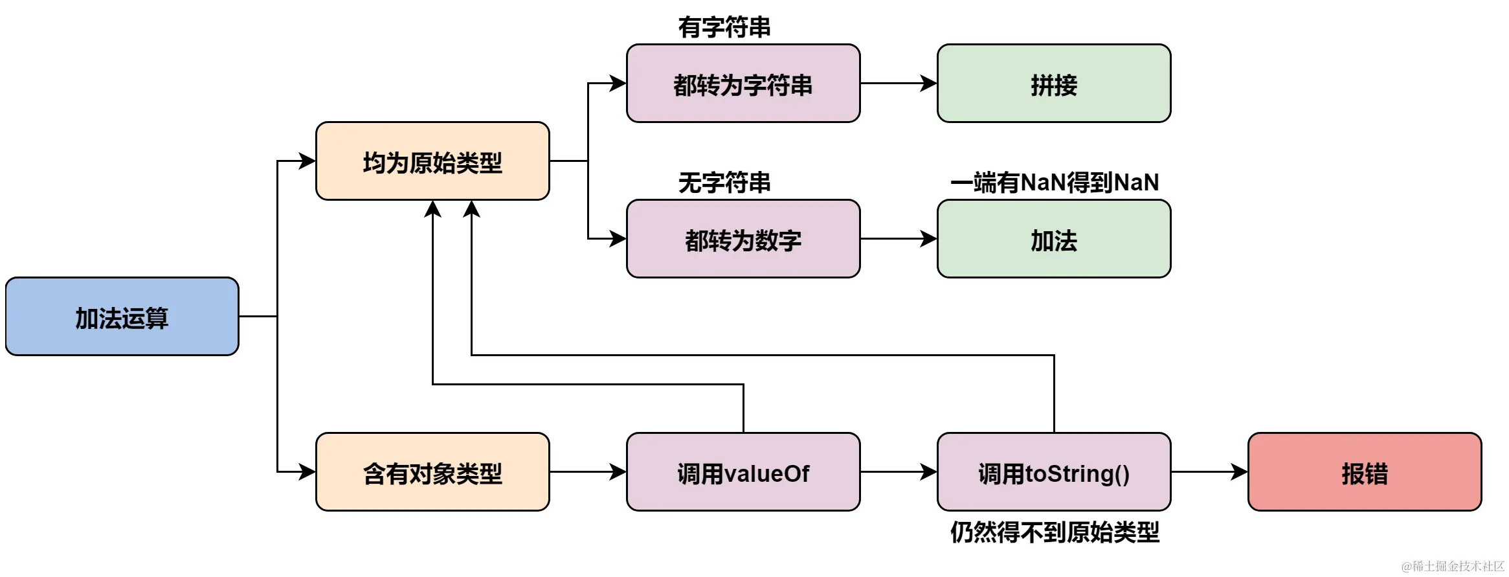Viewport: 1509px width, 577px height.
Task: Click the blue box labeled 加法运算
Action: pos(122,317)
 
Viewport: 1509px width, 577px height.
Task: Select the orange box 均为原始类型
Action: pos(432,161)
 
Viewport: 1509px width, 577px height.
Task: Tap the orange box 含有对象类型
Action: pos(432,472)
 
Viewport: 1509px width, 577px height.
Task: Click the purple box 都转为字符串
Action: pos(743,84)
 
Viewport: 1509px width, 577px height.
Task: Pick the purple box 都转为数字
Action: pos(743,239)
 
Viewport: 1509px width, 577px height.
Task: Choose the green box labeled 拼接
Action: pos(1054,84)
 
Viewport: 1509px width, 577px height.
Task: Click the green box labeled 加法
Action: pos(1054,239)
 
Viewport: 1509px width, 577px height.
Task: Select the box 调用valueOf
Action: pos(743,472)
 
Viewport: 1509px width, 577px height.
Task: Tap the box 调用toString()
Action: pos(1054,472)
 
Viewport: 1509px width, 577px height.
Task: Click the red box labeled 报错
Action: pos(1365,472)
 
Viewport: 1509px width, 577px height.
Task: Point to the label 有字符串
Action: pos(724,27)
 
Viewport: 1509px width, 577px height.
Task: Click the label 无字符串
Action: pos(724,183)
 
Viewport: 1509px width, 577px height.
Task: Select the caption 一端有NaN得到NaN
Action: pos(1054,183)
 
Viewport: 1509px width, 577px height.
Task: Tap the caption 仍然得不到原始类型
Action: pos(1054,532)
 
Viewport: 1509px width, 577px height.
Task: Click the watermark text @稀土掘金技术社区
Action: pos(1453,566)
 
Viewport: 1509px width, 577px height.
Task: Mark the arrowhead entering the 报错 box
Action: pos(1239,472)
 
